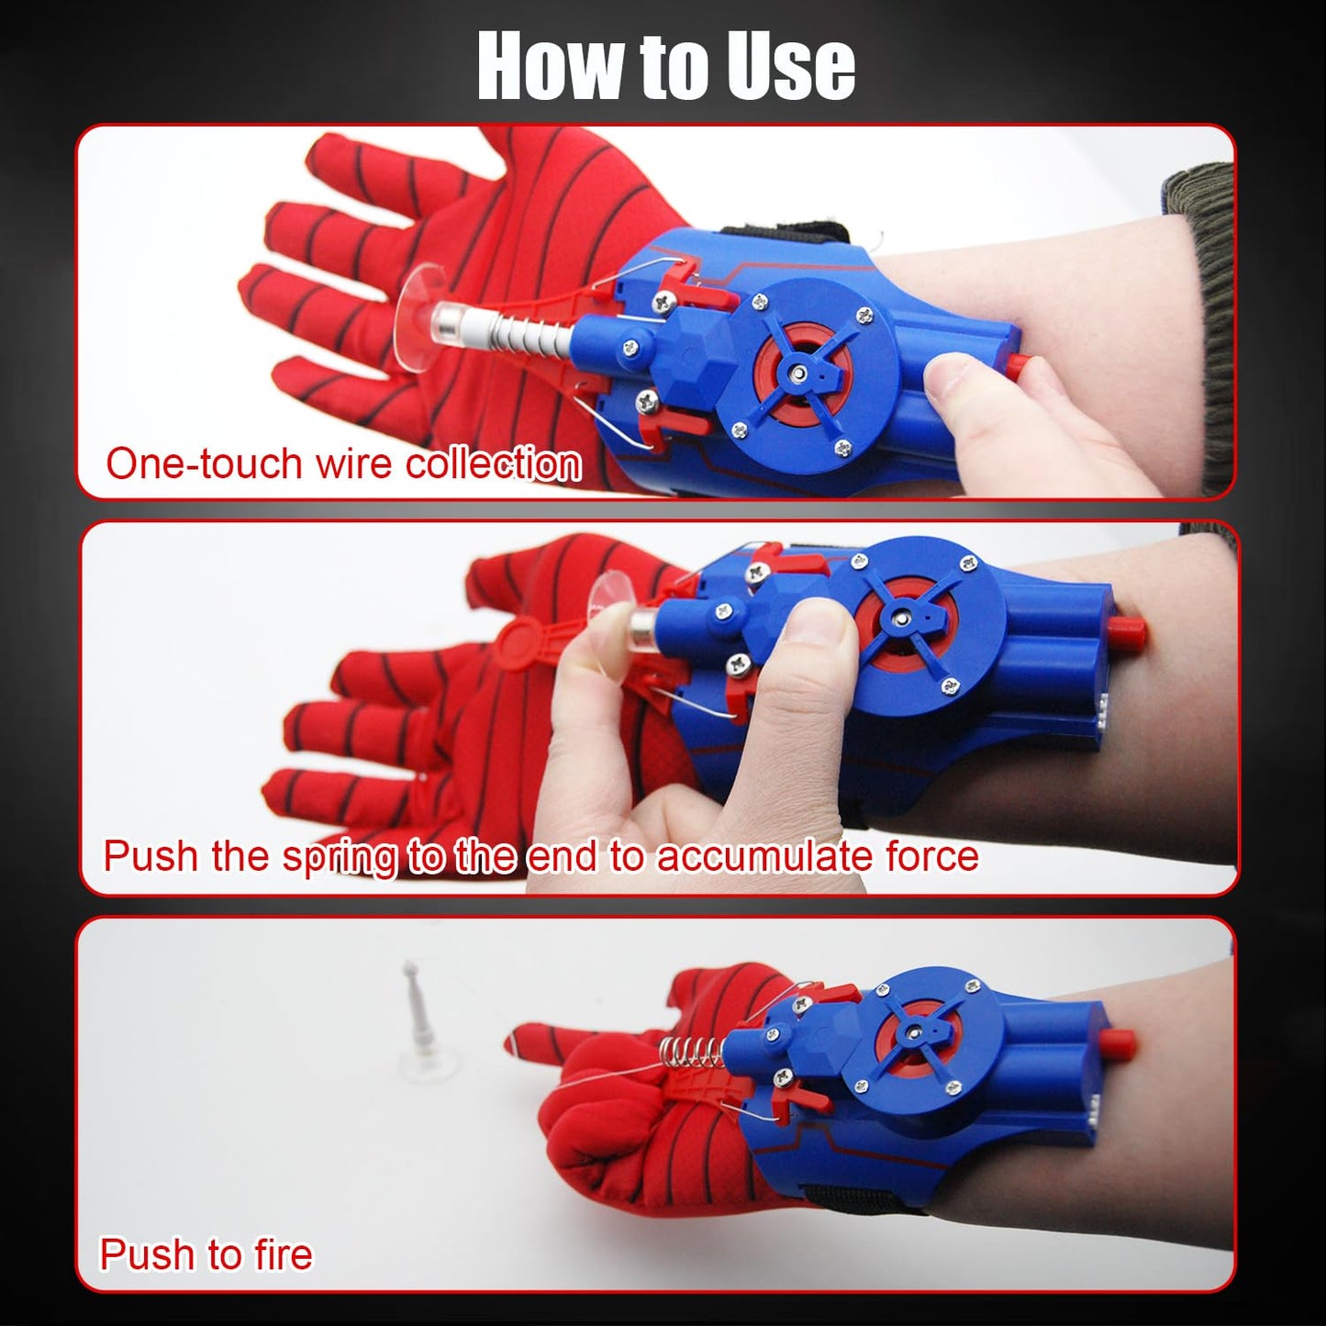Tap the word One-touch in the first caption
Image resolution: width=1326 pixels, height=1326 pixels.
tap(204, 463)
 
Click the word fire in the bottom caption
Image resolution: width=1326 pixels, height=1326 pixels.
tap(284, 1254)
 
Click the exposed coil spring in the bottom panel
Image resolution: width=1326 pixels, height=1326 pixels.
tap(692, 1051)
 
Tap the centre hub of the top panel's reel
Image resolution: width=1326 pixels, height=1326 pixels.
tap(801, 373)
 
